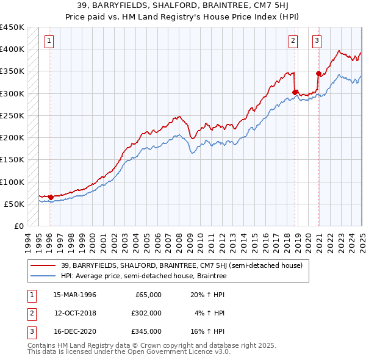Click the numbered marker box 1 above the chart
click(x=49, y=41)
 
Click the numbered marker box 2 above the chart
click(x=293, y=41)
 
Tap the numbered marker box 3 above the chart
click(x=317, y=41)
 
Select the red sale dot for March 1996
click(x=51, y=197)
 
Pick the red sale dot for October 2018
click(x=295, y=93)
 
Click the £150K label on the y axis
click(x=12, y=159)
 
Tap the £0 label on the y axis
click(x=18, y=226)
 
